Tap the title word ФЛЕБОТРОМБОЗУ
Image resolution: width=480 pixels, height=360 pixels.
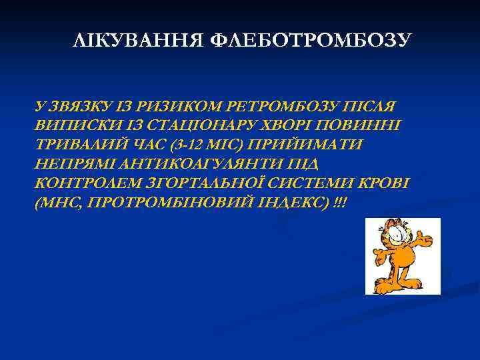pyautogui.click(x=310, y=41)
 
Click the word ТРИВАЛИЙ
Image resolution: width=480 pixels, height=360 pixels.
pyautogui.click(x=75, y=144)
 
